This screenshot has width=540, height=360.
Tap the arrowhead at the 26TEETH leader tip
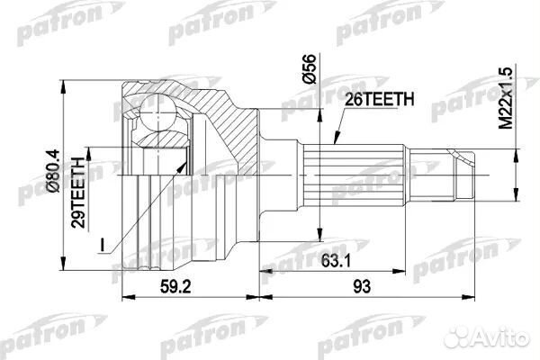point(330,144)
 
